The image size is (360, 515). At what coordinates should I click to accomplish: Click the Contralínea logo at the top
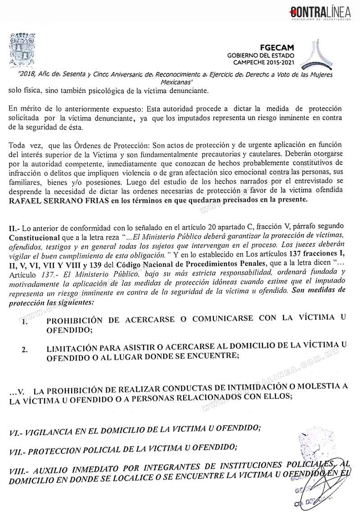[320, 13]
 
